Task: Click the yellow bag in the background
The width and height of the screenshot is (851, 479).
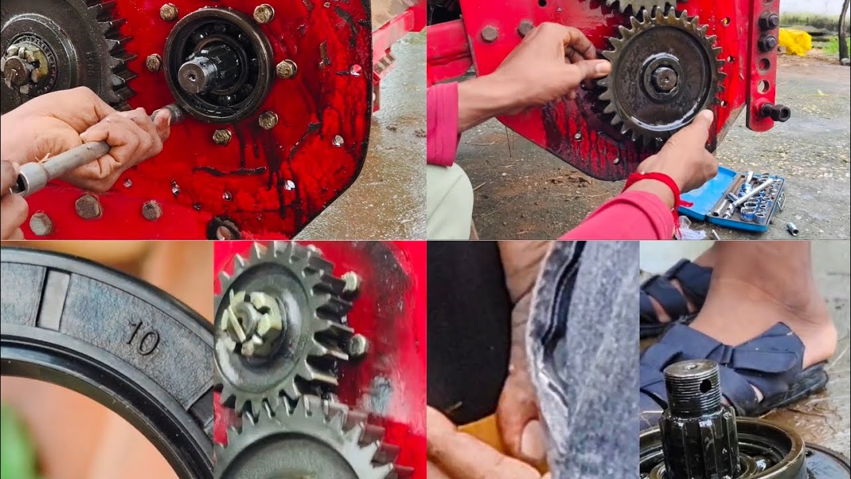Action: click(794, 41)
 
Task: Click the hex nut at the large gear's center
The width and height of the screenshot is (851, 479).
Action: click(663, 79)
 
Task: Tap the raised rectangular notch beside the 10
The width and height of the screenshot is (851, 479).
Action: click(53, 300)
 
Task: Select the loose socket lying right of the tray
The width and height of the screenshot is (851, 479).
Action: click(792, 228)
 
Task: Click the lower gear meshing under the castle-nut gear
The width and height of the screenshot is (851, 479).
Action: click(312, 442)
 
